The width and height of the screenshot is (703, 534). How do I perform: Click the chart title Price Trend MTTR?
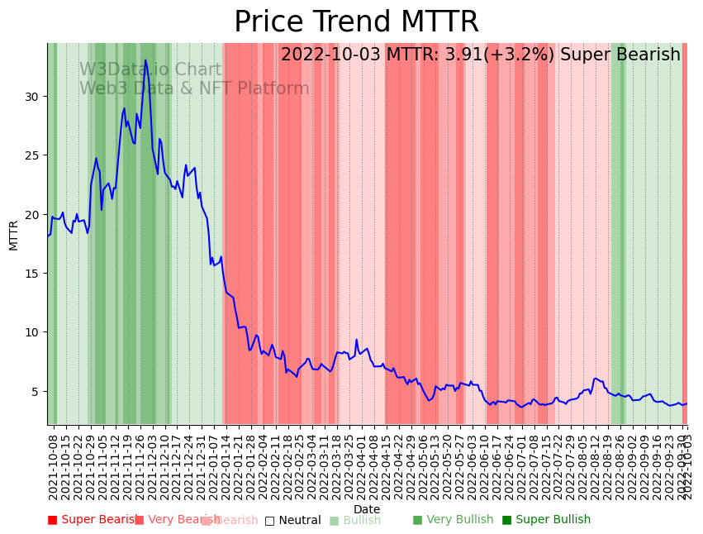click(x=356, y=22)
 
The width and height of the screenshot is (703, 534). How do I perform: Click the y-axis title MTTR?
click(x=14, y=235)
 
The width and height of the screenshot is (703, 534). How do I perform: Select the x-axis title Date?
click(x=367, y=509)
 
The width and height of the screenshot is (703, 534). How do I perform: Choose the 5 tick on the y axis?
click(x=36, y=391)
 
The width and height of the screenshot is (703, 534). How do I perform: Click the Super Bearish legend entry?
click(x=93, y=520)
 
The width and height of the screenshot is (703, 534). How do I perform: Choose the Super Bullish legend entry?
click(x=546, y=520)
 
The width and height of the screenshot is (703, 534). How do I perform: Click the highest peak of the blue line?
click(x=145, y=60)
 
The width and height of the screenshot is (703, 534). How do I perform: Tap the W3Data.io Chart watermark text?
click(x=150, y=70)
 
